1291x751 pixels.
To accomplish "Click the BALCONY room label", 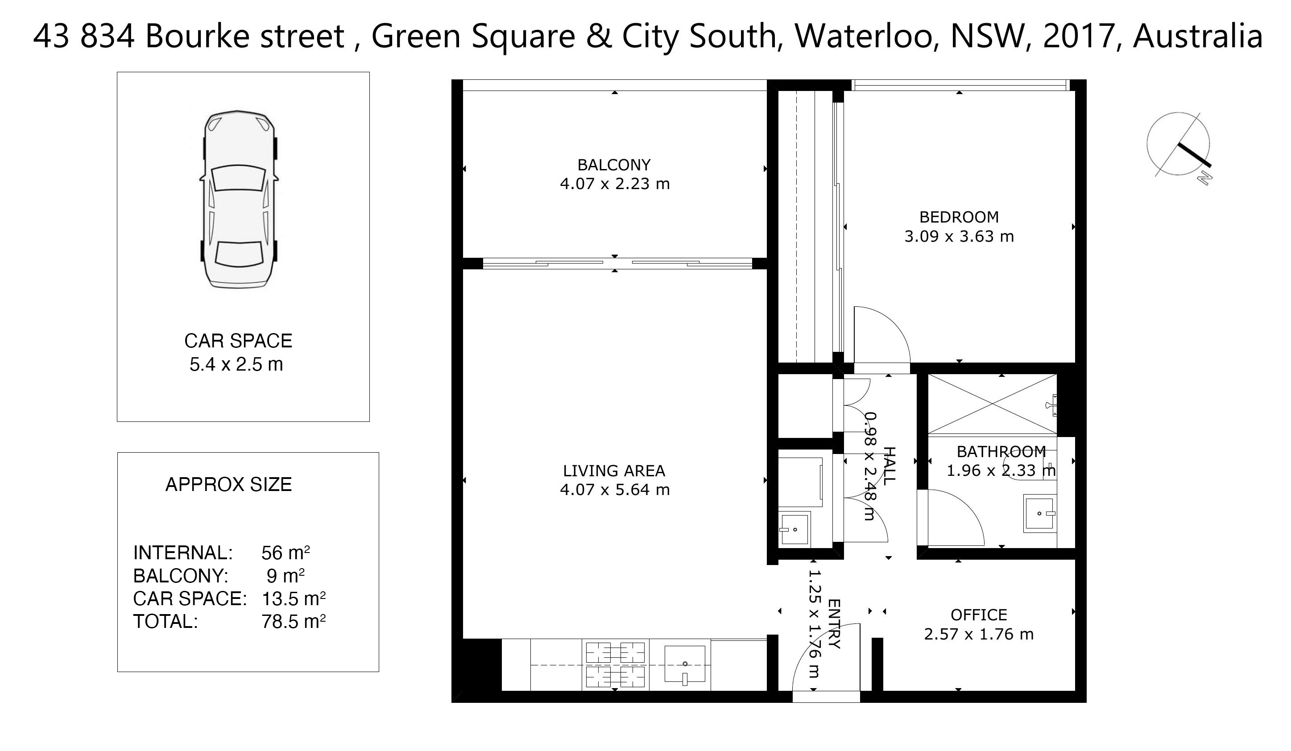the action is pos(614,165).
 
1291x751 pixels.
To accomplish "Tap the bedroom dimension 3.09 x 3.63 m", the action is pos(959,236).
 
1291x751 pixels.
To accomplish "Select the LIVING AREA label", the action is pos(614,471).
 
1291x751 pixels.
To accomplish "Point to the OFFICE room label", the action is pos(979,615).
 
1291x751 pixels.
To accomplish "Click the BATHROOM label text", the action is pos(1001,451).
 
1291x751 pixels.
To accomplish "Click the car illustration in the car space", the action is pos(239,199).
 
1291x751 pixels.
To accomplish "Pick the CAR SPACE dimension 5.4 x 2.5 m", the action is pos(236,364).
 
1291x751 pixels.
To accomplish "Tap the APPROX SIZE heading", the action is pos(228,484).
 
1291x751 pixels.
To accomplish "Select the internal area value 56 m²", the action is pos(286,553).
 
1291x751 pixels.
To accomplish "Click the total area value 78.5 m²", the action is pos(294,621).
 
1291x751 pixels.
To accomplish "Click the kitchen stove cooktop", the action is pos(615,664).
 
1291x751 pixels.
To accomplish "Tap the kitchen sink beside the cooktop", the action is pos(684,664).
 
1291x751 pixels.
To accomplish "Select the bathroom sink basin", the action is pos(1039,513).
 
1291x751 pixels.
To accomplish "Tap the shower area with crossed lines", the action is pos(992,404).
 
